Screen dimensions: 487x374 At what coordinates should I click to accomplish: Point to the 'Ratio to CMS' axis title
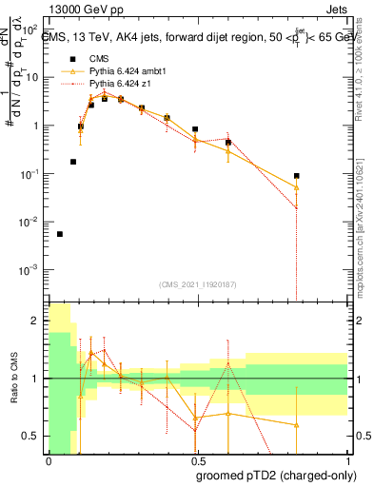(x=12, y=379)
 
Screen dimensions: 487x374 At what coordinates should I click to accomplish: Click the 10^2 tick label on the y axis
(x=30, y=29)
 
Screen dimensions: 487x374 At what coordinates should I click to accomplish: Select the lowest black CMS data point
(x=60, y=234)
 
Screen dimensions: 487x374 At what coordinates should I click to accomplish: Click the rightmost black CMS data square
(x=297, y=176)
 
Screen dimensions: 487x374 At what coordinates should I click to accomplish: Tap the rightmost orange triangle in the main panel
(x=297, y=187)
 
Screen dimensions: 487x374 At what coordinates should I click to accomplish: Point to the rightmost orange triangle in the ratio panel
(x=297, y=425)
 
